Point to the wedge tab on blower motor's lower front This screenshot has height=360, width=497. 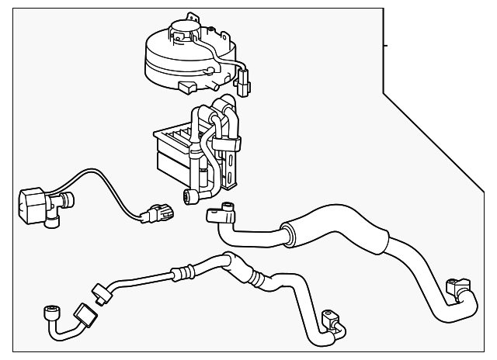[186, 85]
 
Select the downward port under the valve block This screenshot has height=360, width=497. [51, 223]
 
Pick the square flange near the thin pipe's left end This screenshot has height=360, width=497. [83, 317]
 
